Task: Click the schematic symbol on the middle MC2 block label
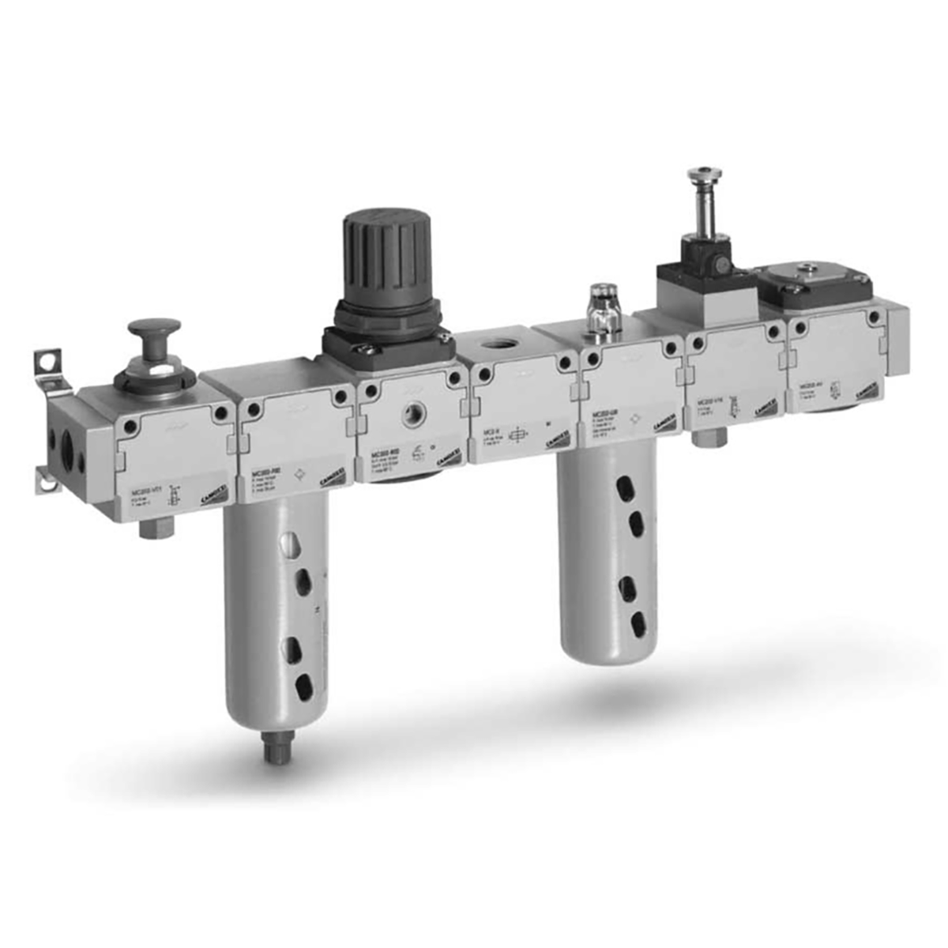click(x=519, y=436)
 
